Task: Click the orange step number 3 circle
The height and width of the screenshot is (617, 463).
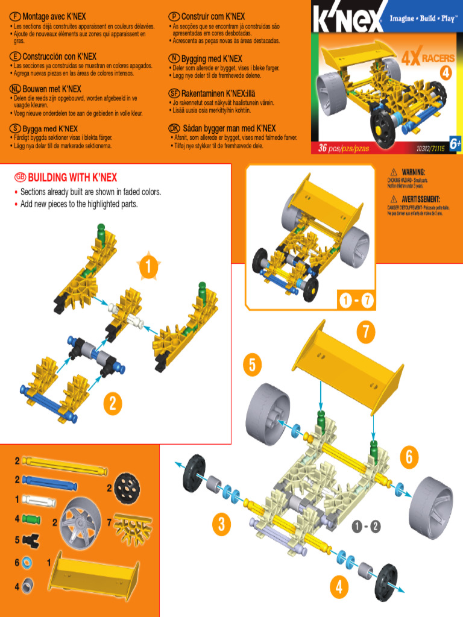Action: pyautogui.click(x=222, y=524)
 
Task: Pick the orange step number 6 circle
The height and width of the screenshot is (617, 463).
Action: pyautogui.click(x=409, y=457)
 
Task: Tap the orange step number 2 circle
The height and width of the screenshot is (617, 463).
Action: pyautogui.click(x=112, y=404)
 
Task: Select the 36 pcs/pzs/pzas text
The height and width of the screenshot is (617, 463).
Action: pyautogui.click(x=343, y=148)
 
